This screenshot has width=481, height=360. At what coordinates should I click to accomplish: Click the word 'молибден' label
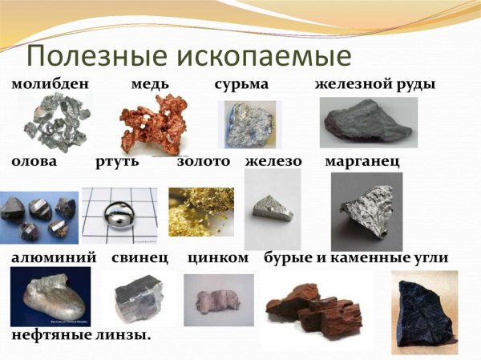pyautogui.click(x=49, y=84)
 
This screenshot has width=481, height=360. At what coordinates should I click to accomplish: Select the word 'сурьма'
pyautogui.click(x=241, y=84)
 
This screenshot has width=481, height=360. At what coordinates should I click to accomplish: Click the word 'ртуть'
pyautogui.click(x=117, y=162)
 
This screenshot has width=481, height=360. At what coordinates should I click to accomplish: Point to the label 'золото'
pyautogui.click(x=203, y=162)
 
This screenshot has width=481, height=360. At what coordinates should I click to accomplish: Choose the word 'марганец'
pyautogui.click(x=362, y=162)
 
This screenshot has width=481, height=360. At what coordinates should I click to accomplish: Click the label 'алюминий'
pyautogui.click(x=54, y=258)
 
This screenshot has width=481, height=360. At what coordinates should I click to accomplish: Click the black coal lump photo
pyautogui.click(x=424, y=311)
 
